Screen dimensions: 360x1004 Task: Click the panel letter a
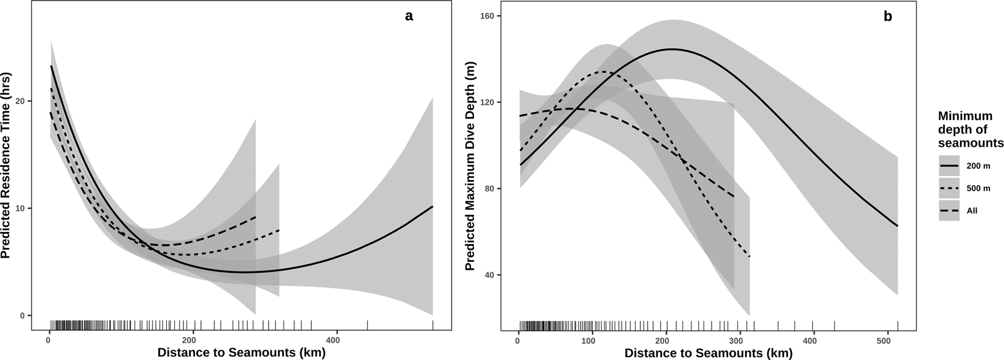pos(409,16)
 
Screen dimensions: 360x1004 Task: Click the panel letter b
pos(888,16)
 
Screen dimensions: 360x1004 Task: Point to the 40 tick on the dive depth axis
pos(489,275)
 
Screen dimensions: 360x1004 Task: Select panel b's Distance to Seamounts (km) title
pos(708,353)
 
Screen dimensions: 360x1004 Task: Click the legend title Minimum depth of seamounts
pos(970,129)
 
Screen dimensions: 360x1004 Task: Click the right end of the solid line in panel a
pos(433,206)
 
